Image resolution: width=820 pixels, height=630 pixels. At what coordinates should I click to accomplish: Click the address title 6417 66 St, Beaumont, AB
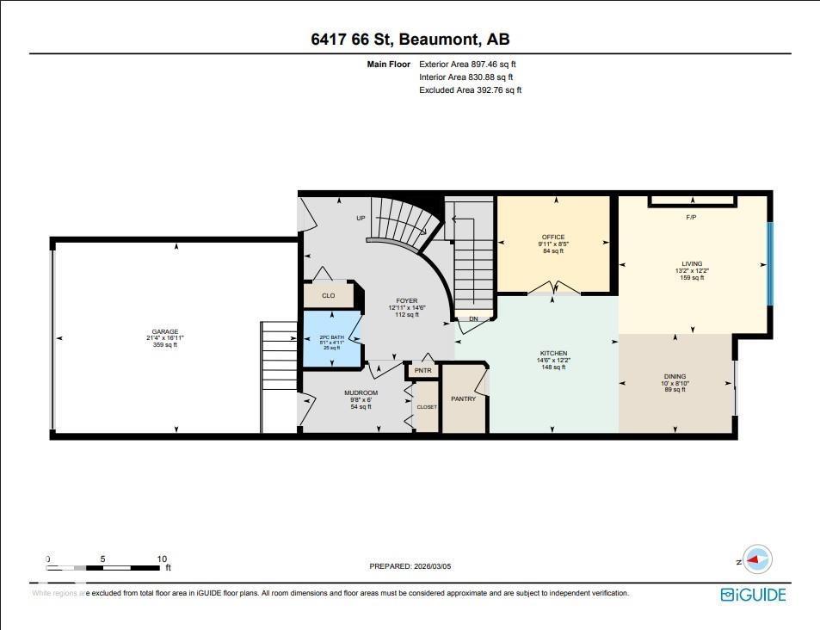[410, 40]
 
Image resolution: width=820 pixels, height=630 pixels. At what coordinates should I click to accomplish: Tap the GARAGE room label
[165, 331]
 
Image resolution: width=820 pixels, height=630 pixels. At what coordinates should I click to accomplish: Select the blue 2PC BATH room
[331, 340]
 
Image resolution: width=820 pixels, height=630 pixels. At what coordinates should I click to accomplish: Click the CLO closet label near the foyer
[328, 295]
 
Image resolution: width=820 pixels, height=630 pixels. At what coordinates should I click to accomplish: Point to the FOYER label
[406, 301]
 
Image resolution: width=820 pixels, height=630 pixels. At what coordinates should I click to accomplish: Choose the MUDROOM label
[363, 393]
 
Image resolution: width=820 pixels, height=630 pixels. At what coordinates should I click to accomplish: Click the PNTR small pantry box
[422, 371]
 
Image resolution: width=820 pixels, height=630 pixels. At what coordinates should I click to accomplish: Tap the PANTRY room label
[463, 399]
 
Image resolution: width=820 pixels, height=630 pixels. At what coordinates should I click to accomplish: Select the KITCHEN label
[553, 353]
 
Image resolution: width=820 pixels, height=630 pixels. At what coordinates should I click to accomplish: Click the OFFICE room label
[553, 238]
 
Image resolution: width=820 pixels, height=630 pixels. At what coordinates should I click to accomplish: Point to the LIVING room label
[692, 264]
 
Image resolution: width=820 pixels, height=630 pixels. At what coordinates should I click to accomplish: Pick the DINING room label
[675, 376]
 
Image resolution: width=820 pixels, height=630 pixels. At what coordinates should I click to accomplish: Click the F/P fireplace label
[690, 217]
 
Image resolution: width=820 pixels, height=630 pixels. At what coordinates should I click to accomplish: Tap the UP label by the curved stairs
[361, 218]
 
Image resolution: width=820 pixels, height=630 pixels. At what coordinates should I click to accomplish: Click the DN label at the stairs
[473, 319]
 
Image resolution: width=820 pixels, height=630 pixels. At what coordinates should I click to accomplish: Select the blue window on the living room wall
[770, 263]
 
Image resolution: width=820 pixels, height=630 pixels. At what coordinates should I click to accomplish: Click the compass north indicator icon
[758, 559]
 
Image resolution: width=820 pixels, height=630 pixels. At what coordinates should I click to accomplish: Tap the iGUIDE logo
[753, 594]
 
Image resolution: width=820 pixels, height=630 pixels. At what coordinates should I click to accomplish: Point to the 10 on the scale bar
[162, 559]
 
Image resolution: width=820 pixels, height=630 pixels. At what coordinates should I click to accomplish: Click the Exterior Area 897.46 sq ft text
[467, 64]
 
